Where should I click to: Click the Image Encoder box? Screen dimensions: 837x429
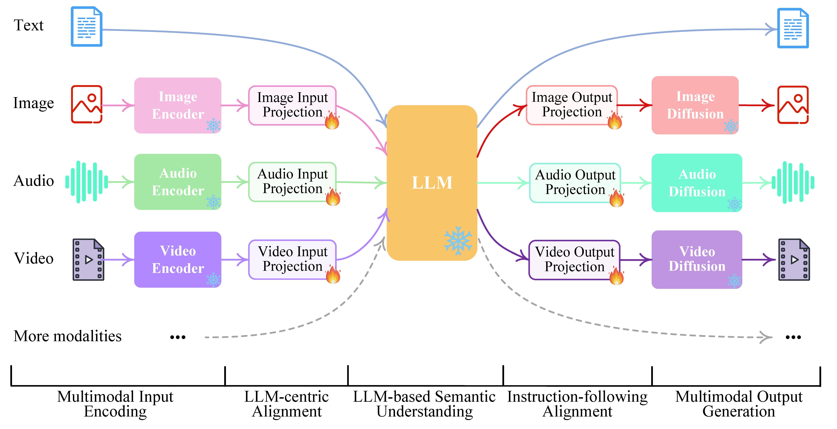pos(178,105)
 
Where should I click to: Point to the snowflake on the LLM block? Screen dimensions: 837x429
pos(458,241)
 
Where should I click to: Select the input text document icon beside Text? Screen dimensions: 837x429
pos(87,26)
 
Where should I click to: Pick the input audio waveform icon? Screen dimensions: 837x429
pos(86,182)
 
